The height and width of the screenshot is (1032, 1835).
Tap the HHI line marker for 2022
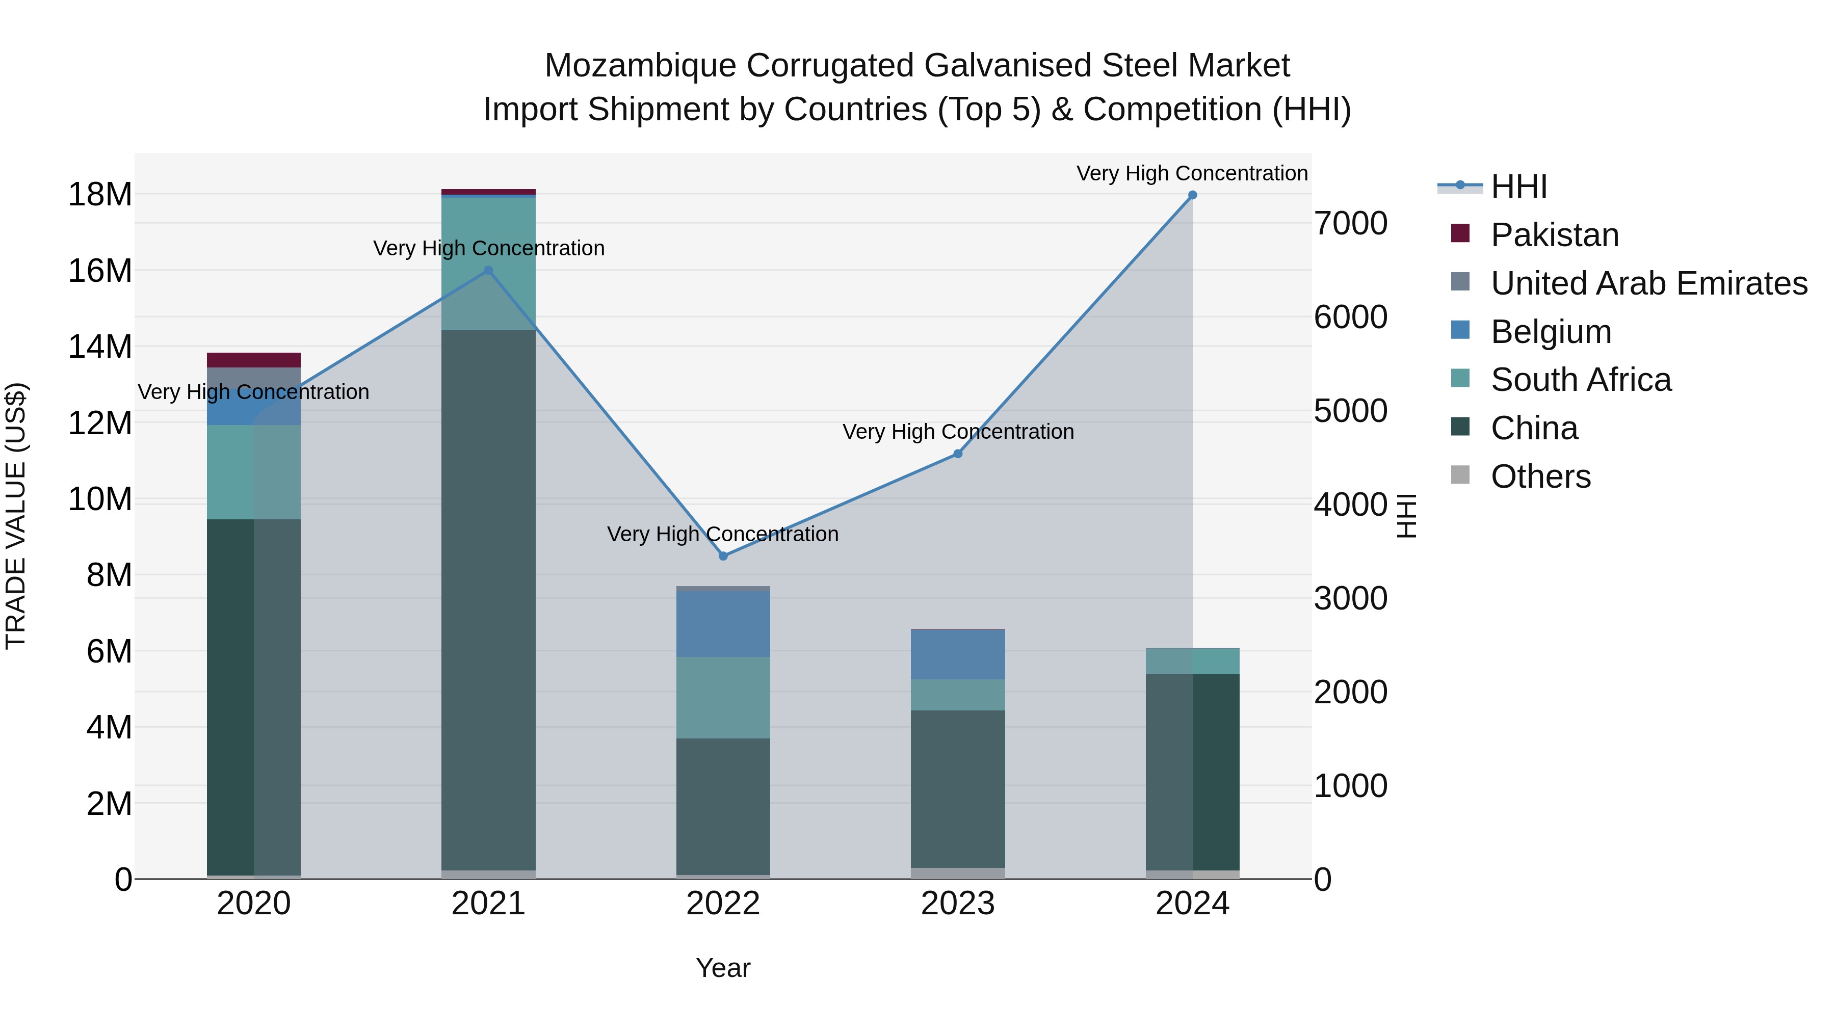pyautogui.click(x=723, y=556)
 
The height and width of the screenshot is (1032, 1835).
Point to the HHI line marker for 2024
pyautogui.click(x=1192, y=195)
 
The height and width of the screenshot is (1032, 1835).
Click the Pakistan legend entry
pyautogui.click(x=1554, y=235)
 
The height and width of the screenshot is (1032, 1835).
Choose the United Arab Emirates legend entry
pyautogui.click(x=1648, y=283)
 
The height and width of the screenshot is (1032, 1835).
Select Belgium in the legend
pyautogui.click(x=1551, y=332)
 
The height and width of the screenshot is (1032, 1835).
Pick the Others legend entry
pyautogui.click(x=1540, y=477)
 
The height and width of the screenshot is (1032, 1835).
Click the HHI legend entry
pyautogui.click(x=1519, y=187)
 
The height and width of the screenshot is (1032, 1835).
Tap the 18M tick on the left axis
pyautogui.click(x=100, y=195)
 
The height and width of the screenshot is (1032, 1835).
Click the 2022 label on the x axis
pyautogui.click(x=723, y=904)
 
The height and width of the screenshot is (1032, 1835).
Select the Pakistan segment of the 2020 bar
pyautogui.click(x=254, y=360)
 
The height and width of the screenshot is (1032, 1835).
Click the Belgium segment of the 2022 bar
pyautogui.click(x=723, y=624)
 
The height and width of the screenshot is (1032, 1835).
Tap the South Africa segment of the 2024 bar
pyautogui.click(x=1192, y=661)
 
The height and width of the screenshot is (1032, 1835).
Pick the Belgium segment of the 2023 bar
pyautogui.click(x=958, y=654)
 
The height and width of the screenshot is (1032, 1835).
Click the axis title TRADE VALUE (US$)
pyautogui.click(x=16, y=516)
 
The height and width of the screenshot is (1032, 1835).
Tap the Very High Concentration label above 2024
pyautogui.click(x=1192, y=173)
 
